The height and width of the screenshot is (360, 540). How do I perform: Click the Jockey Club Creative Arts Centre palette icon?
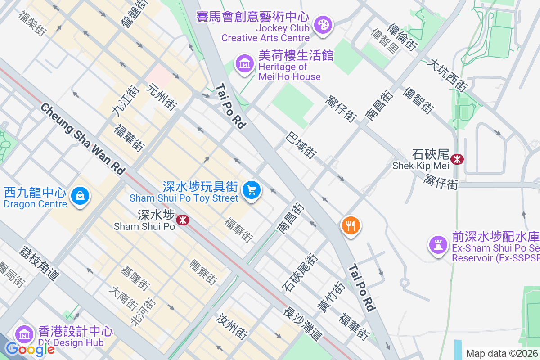click(x=323, y=24)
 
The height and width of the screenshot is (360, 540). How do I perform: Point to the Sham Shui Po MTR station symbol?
click(x=182, y=220)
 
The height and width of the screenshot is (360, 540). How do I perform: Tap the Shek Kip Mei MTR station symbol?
click(x=457, y=159)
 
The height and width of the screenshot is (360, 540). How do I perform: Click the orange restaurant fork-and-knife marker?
click(x=351, y=224)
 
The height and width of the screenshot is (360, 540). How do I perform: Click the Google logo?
click(x=30, y=348)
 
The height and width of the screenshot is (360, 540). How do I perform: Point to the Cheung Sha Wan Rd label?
click(x=82, y=139)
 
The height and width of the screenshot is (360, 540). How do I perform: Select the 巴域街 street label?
click(x=301, y=145)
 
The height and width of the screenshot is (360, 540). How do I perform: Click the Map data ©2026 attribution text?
click(x=502, y=353)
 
